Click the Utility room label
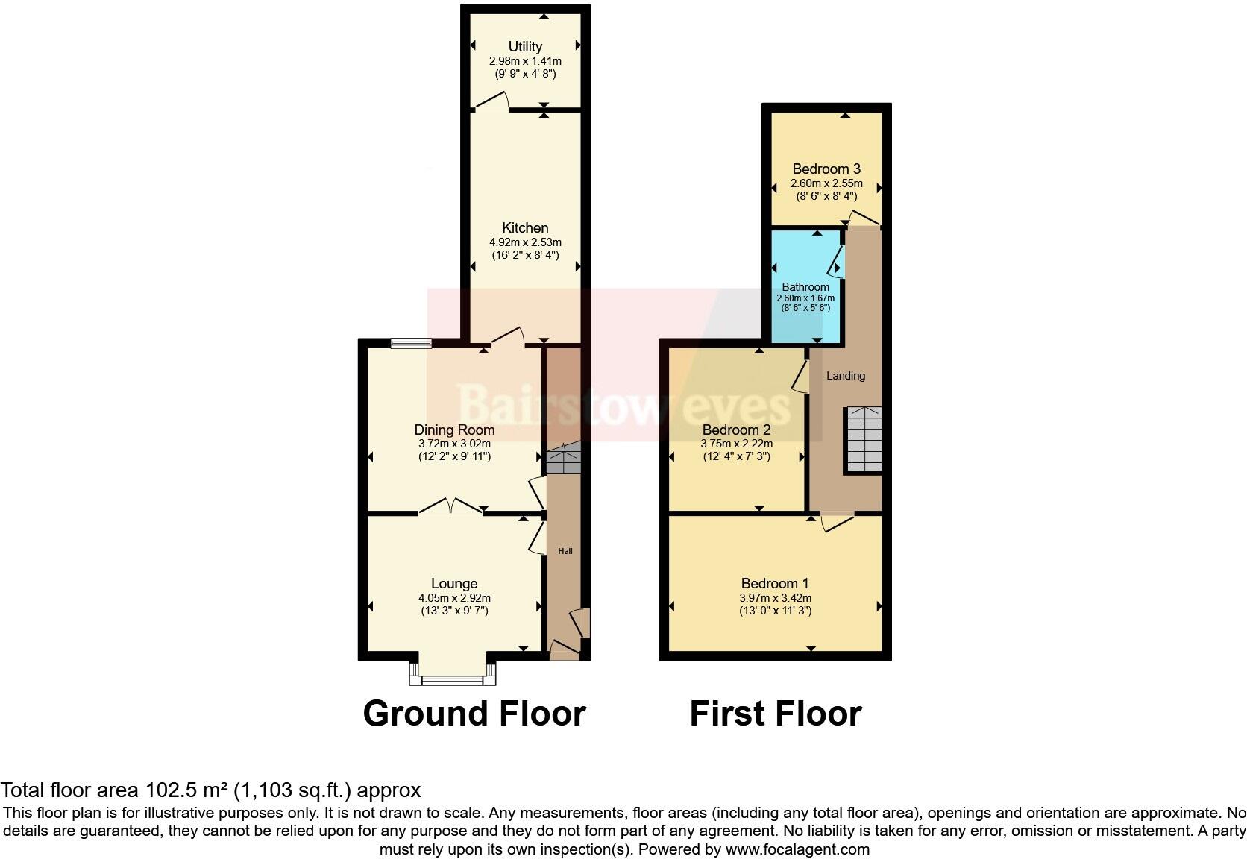(x=525, y=46)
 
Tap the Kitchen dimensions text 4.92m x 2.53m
(x=525, y=242)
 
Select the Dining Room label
(x=454, y=429)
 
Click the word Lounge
(x=454, y=584)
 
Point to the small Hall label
(x=565, y=551)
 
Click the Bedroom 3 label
(x=826, y=169)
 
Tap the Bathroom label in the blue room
(x=805, y=287)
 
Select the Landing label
(x=846, y=376)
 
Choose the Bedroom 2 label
(x=736, y=429)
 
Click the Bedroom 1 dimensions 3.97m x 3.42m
(x=775, y=598)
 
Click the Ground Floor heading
(x=474, y=714)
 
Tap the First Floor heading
(x=776, y=714)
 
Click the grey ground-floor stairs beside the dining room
(x=564, y=459)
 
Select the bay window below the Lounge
(x=453, y=676)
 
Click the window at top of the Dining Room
(x=411, y=343)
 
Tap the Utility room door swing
(x=492, y=101)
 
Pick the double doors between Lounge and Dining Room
(x=450, y=507)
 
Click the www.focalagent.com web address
(x=797, y=849)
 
